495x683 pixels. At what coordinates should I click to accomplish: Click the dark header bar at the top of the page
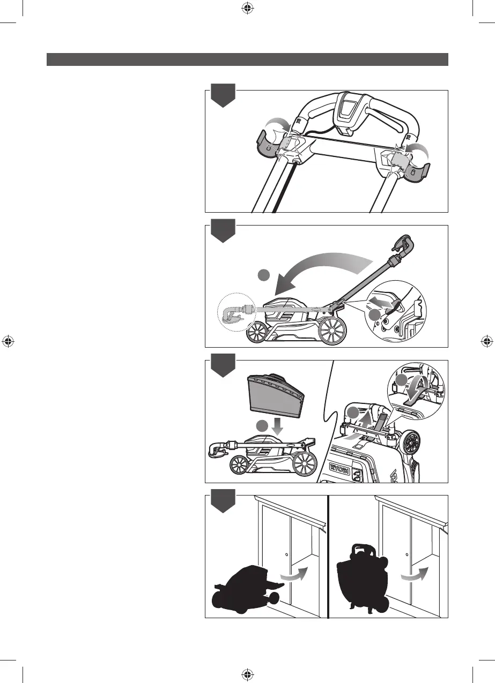tap(247, 59)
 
